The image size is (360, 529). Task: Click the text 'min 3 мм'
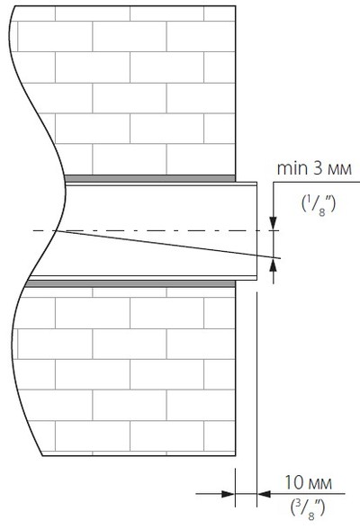point(314,168)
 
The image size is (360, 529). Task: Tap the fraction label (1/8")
point(319,205)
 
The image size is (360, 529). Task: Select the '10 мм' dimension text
point(309,483)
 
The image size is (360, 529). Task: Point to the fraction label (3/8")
point(308,510)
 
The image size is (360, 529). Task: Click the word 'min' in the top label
point(292,168)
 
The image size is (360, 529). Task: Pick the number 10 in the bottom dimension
point(294,483)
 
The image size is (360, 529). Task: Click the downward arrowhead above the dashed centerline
point(274,224)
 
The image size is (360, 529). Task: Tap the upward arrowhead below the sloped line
point(274,266)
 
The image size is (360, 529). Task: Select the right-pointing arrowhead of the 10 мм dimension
point(228,494)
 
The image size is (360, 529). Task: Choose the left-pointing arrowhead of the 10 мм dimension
point(264,494)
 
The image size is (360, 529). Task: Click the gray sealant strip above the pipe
point(149,178)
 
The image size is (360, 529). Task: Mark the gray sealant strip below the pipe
point(130,283)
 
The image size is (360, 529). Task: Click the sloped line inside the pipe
point(167,245)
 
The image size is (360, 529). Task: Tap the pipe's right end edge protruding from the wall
point(257,231)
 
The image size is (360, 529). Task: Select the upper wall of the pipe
point(161,184)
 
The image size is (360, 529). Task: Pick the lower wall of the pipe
point(143,278)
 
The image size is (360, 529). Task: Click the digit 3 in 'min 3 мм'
point(318,168)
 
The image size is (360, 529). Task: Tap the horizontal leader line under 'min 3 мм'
point(317,182)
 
